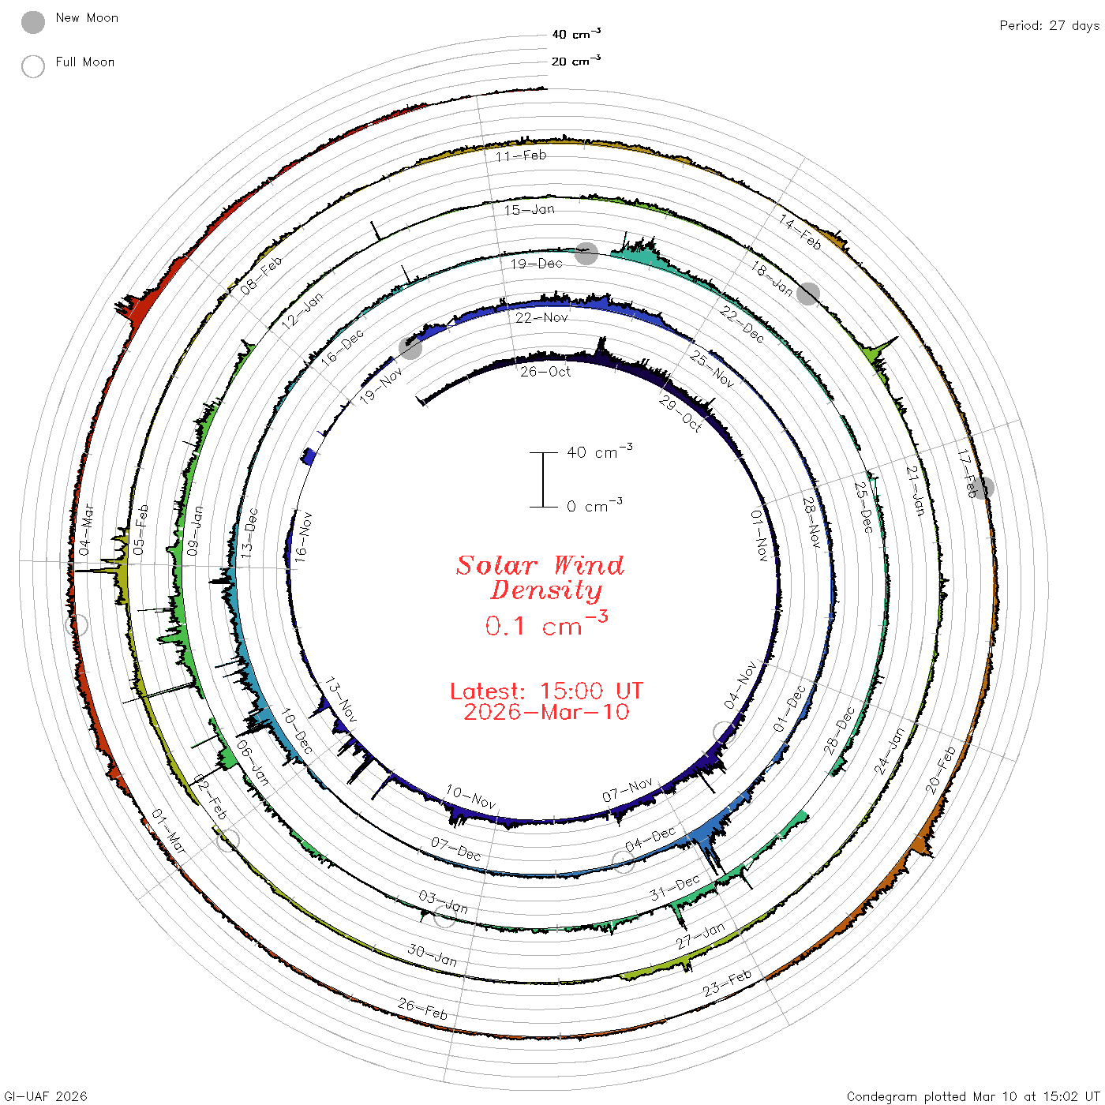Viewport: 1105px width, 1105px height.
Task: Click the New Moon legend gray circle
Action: (x=33, y=22)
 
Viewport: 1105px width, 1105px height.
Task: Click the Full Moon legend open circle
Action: (x=33, y=66)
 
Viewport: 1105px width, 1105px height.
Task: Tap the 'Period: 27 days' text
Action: (x=1049, y=26)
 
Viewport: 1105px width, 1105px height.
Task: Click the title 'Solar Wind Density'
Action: (x=540, y=578)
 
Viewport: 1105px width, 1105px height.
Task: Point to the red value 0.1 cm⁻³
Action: (x=546, y=624)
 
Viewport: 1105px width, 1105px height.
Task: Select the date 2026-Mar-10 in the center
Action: (x=546, y=712)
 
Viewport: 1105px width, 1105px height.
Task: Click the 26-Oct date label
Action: (x=545, y=372)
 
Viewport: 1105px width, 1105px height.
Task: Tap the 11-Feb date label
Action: (x=521, y=155)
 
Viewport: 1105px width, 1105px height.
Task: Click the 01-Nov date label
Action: (x=759, y=535)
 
